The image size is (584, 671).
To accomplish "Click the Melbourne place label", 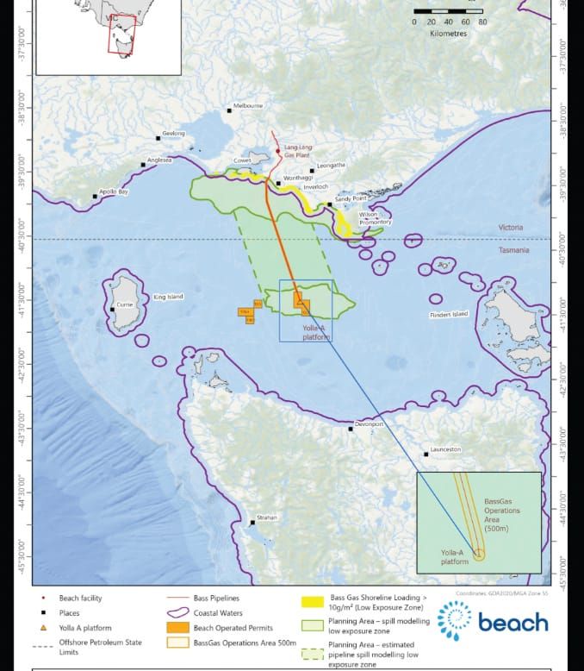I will point(248,106).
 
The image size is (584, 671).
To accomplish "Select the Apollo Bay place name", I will point(114,191).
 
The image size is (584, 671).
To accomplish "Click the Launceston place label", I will point(446,449).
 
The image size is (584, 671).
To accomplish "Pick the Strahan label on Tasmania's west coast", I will point(268,517).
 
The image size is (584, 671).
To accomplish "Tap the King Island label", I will point(168,297).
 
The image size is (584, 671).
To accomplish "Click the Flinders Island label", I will point(449,315).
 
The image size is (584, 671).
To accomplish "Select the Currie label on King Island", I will point(126,304).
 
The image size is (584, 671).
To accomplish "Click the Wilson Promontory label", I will point(375,218).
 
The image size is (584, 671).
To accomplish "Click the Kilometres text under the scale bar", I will point(449,34).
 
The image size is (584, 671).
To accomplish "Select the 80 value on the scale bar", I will point(482,22).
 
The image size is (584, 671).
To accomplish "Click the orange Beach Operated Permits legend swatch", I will point(179,626).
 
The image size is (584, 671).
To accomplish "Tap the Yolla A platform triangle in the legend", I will point(44,629).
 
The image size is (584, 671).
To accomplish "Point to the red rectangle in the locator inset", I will point(121,38).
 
